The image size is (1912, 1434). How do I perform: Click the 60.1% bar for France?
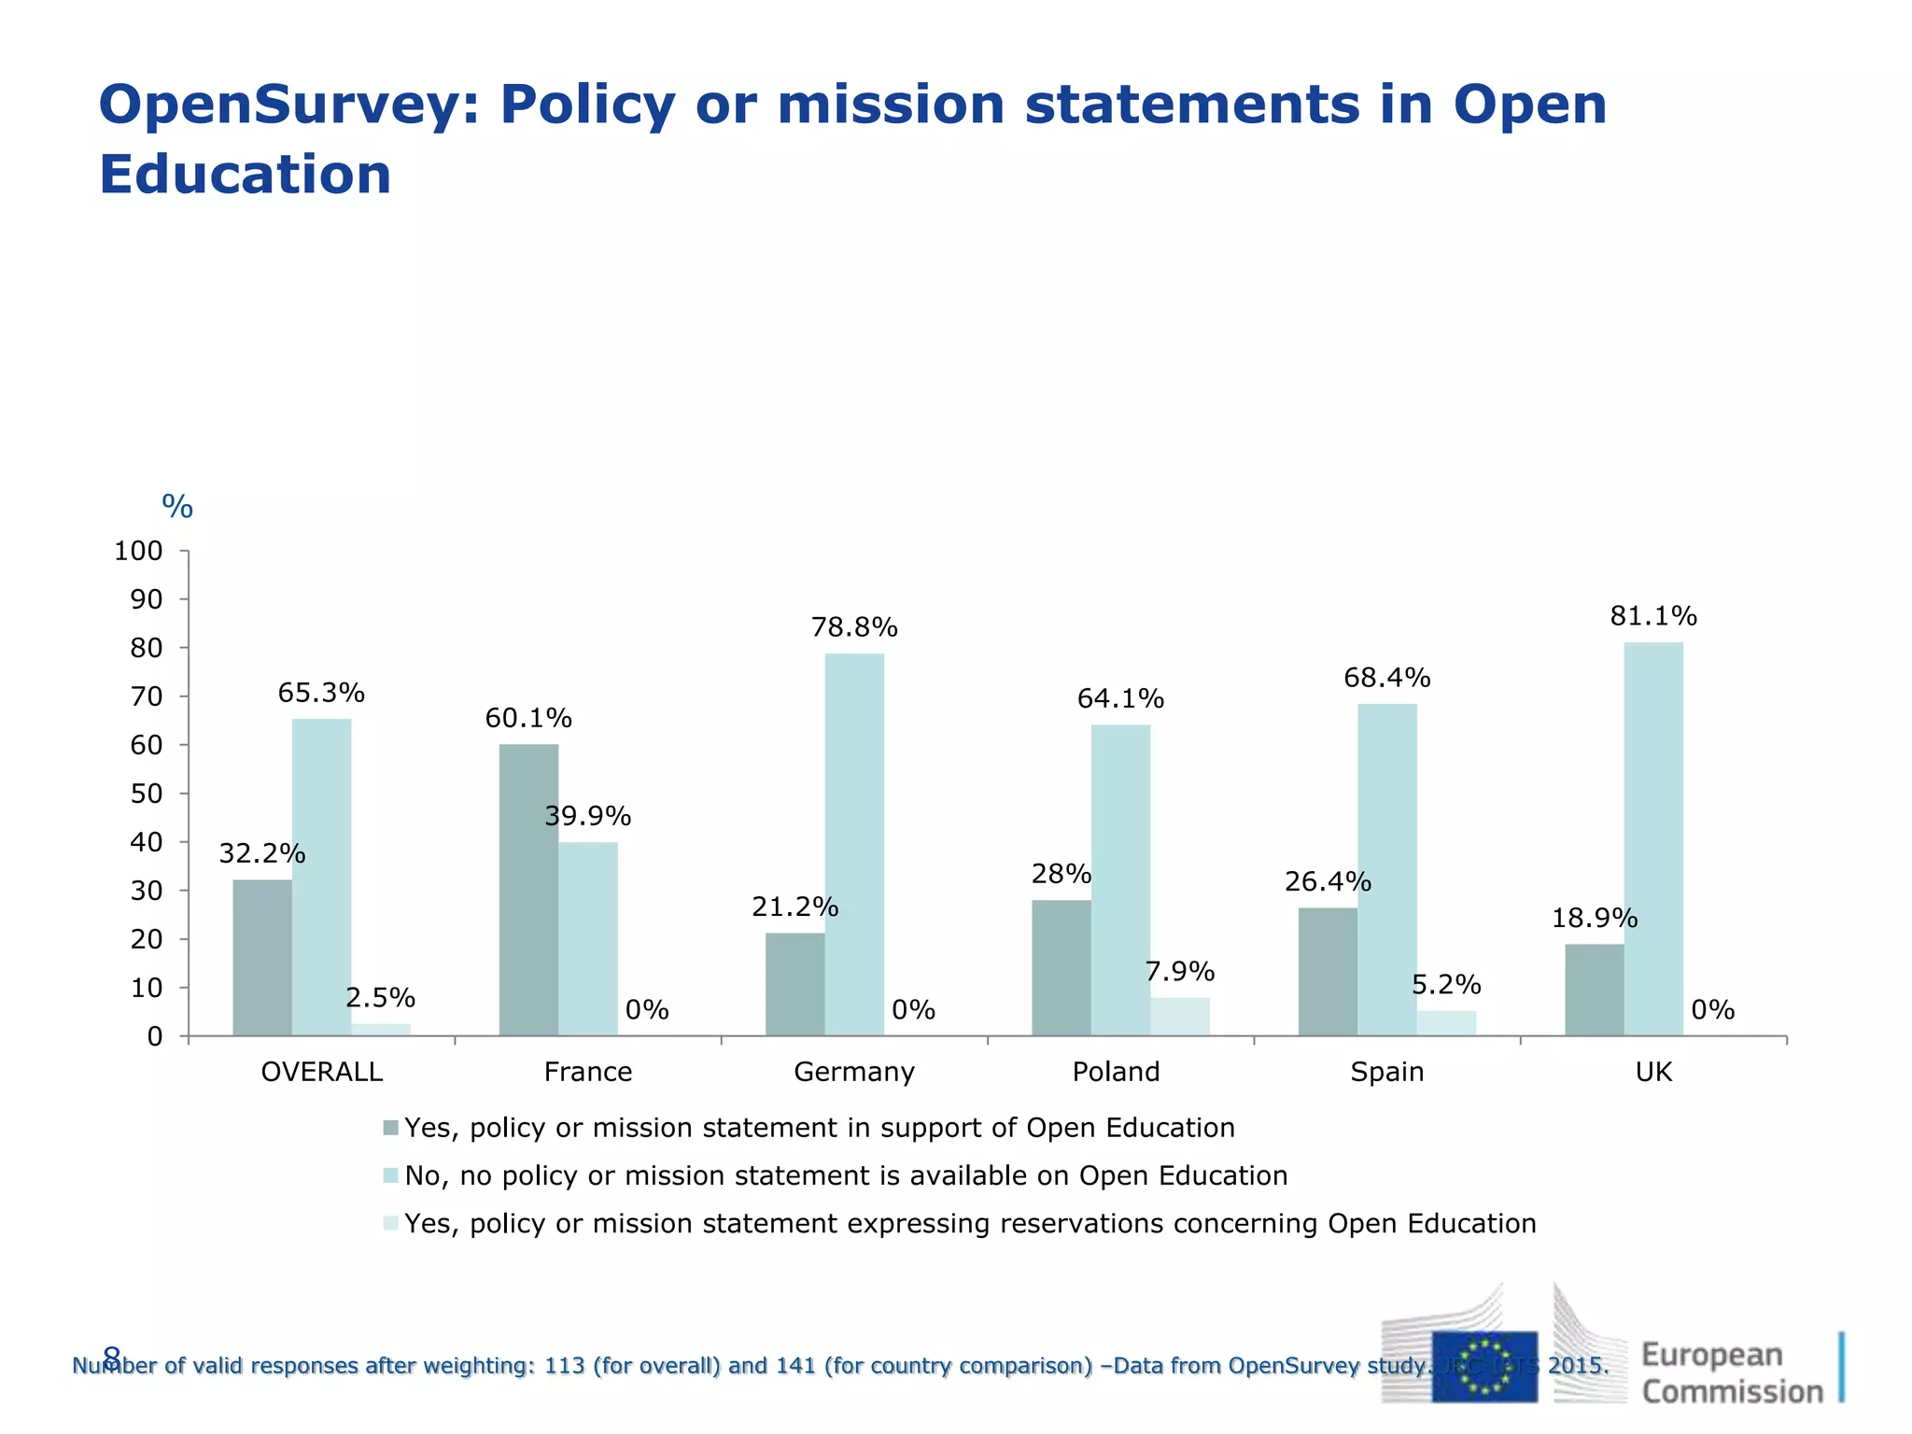click(528, 890)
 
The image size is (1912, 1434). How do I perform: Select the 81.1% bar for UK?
click(1652, 838)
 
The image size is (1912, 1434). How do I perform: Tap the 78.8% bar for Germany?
click(854, 844)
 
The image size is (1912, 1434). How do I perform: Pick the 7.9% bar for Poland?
click(1179, 1017)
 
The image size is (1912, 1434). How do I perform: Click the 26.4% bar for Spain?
click(1328, 972)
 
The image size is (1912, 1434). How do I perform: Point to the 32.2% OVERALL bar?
click(262, 958)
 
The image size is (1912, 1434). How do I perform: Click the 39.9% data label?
click(587, 817)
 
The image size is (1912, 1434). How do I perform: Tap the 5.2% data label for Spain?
click(1445, 985)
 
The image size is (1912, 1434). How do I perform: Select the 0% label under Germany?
click(913, 1010)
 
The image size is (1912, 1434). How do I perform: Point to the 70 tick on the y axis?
click(147, 696)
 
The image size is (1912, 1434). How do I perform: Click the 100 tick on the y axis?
click(138, 551)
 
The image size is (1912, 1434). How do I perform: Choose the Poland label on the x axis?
click(1116, 1072)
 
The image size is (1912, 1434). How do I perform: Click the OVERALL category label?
click(322, 1072)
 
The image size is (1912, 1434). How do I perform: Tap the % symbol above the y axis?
click(177, 507)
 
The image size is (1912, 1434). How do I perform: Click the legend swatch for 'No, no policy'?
click(391, 1175)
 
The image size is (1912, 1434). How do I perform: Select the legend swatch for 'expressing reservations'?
click(391, 1223)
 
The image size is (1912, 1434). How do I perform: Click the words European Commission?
click(1731, 1372)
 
